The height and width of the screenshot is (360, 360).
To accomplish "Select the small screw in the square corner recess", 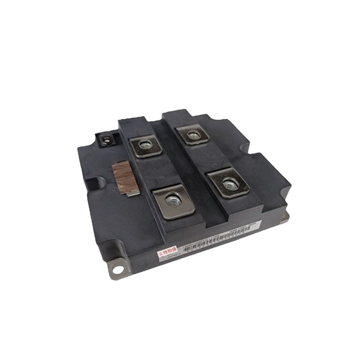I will pos(106,140).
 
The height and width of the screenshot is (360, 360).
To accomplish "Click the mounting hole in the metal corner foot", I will pos(118,270).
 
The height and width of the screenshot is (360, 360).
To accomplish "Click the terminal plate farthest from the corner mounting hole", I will pos(193,134).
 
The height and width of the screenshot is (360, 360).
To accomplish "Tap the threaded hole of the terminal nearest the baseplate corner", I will pos(229,184).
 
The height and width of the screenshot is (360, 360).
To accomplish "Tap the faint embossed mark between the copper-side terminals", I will pos(162,177).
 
